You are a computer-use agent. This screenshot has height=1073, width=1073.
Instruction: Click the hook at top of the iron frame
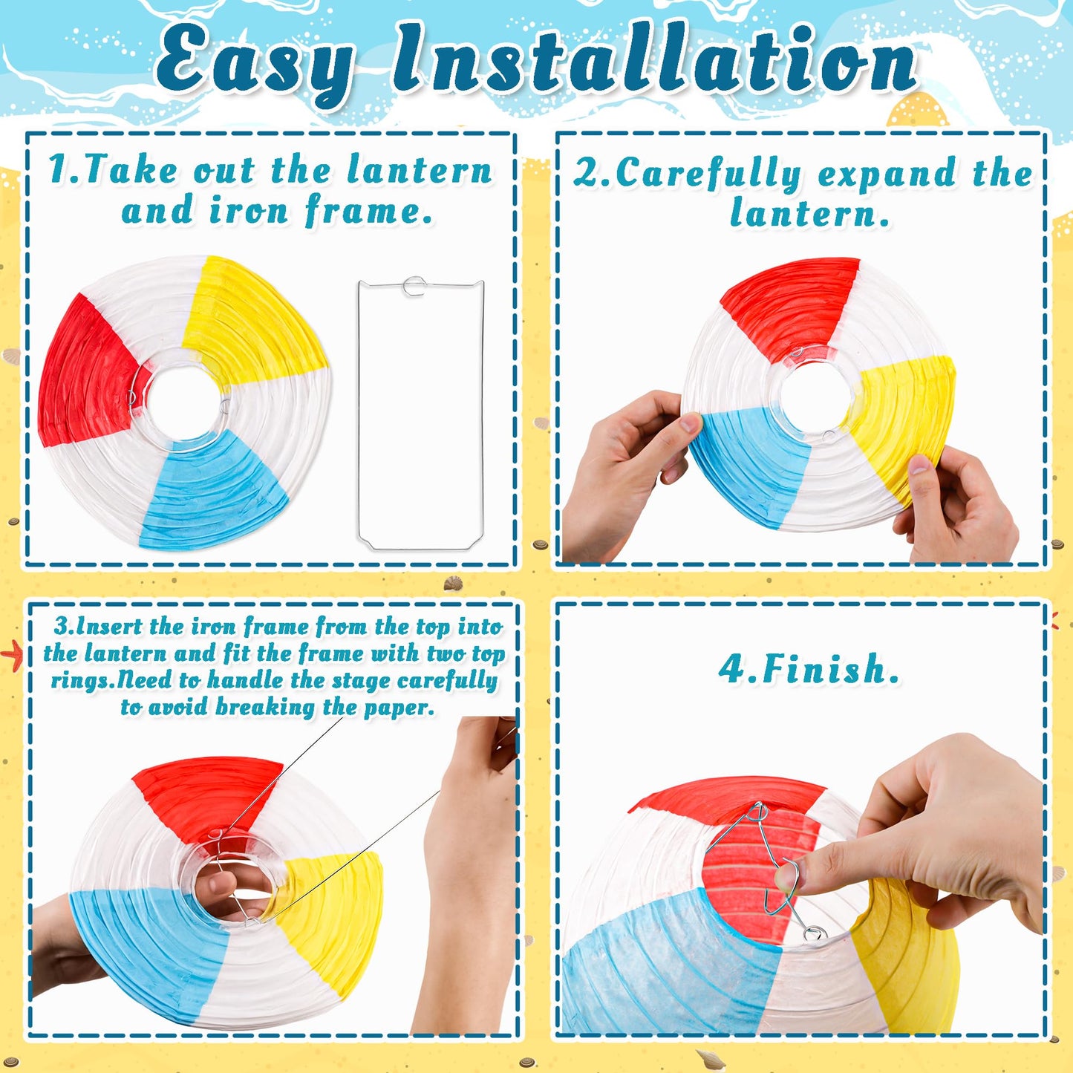pyautogui.click(x=414, y=285)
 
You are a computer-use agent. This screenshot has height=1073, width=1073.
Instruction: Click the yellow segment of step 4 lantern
pyautogui.click(x=906, y=965)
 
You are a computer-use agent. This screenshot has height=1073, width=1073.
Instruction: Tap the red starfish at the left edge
pyautogui.click(x=12, y=655)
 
